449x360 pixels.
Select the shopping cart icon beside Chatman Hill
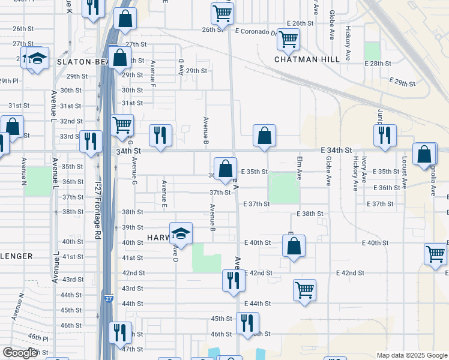tap(288, 40)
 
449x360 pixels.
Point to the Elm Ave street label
tap(298, 168)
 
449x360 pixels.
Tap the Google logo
tap(20, 353)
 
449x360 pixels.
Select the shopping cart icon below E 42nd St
tap(305, 290)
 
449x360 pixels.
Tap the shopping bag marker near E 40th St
tap(294, 246)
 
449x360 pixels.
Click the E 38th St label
tap(310, 214)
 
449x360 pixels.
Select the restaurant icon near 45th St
tap(247, 323)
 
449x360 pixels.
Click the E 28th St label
tap(378, 64)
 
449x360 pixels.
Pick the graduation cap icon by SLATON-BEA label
tap(37, 59)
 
